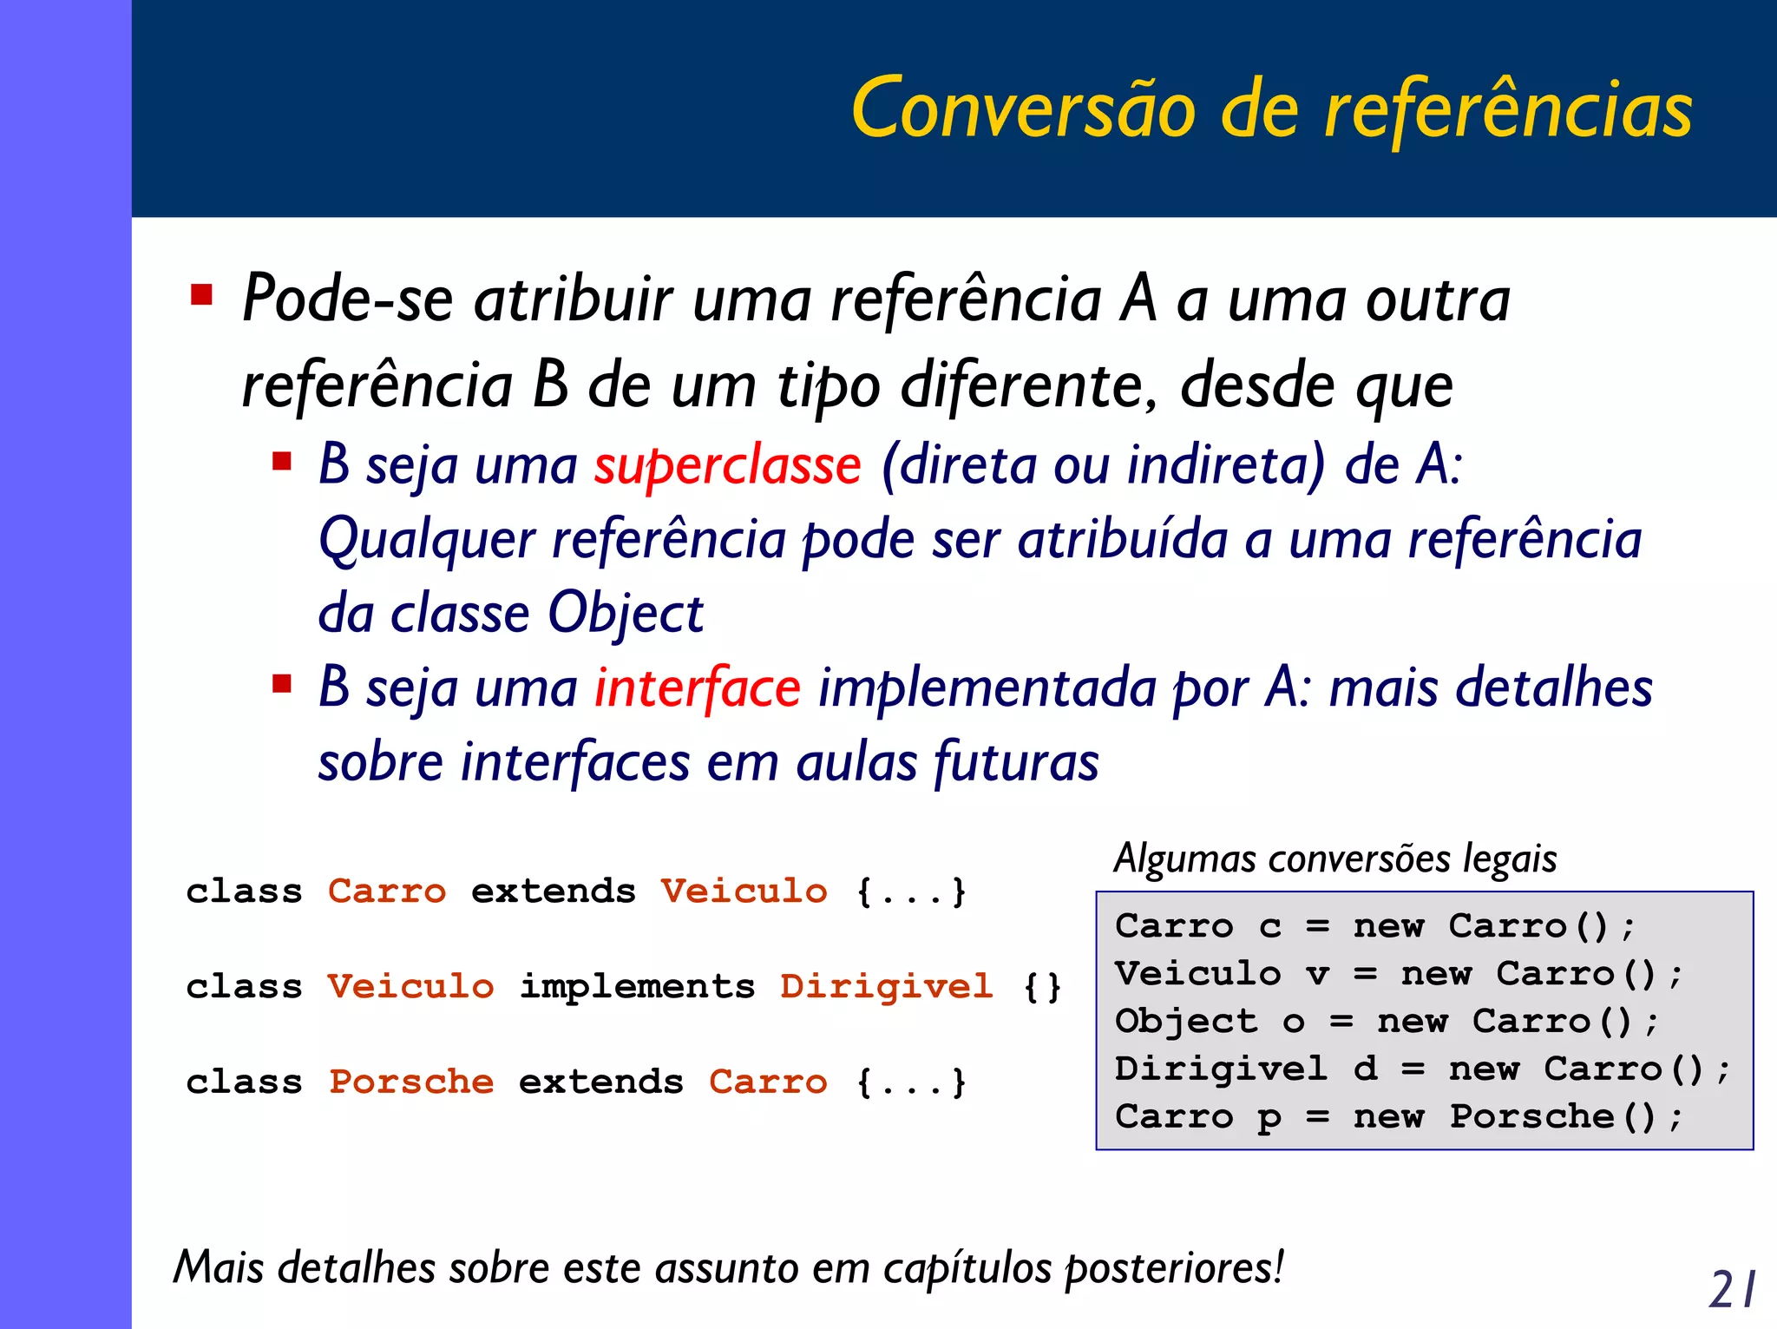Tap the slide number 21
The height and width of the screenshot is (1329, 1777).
(1732, 1288)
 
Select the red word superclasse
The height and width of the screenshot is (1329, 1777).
(727, 466)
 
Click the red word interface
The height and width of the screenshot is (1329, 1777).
(697, 688)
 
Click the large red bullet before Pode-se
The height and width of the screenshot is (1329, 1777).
(202, 296)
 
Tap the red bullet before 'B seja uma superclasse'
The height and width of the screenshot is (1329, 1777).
(282, 460)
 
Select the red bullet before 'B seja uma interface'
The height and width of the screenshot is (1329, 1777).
(282, 684)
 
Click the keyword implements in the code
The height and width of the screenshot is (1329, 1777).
(637, 987)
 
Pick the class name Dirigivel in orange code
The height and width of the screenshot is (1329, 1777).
(886, 987)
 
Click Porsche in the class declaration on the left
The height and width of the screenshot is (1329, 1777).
(411, 1082)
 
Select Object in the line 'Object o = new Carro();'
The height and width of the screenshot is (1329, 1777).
(1185, 1022)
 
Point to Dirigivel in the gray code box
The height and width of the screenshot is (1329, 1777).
(1221, 1069)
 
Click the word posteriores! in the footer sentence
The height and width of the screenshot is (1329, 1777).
(1174, 1268)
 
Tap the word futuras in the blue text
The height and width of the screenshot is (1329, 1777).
(1016, 762)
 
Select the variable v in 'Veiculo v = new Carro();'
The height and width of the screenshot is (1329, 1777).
(1318, 975)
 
